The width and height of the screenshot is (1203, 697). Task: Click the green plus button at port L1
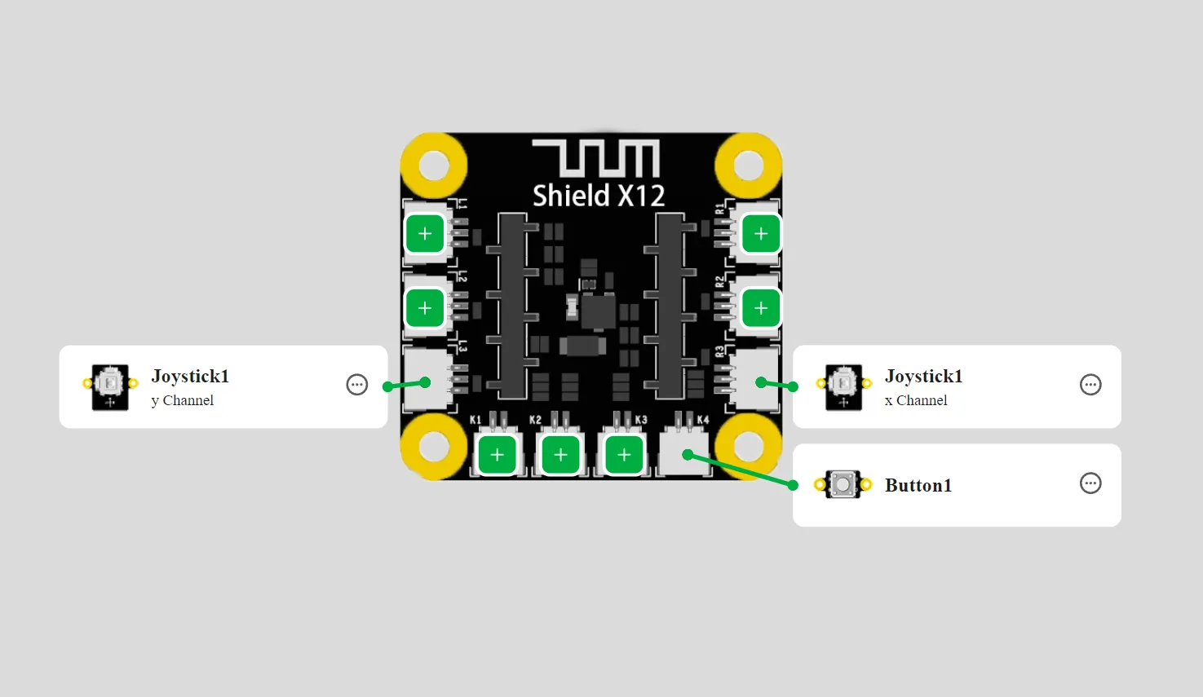(425, 234)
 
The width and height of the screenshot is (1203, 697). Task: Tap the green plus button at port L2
(425, 307)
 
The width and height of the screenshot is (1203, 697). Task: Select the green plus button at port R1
(760, 234)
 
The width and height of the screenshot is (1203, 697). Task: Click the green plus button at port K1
(498, 456)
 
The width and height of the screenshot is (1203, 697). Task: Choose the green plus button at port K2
(560, 456)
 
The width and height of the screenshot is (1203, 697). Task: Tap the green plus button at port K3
(624, 456)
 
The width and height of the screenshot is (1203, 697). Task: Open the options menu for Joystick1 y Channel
(357, 385)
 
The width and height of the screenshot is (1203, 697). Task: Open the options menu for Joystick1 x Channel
(1090, 385)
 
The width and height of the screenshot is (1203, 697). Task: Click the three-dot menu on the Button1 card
(1090, 483)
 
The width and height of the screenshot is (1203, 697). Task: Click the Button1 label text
(918, 485)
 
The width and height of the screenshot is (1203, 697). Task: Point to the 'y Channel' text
(183, 400)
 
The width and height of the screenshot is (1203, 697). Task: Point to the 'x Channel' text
(916, 400)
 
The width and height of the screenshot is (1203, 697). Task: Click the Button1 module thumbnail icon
(843, 484)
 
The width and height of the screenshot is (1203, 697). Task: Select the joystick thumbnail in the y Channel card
(110, 386)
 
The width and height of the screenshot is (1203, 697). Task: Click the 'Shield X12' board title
(599, 196)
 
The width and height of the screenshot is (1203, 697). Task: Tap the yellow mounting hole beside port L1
(434, 165)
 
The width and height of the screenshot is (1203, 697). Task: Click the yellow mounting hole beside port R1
(749, 165)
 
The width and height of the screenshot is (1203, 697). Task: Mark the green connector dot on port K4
(688, 455)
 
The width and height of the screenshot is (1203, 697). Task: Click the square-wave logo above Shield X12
(596, 158)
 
